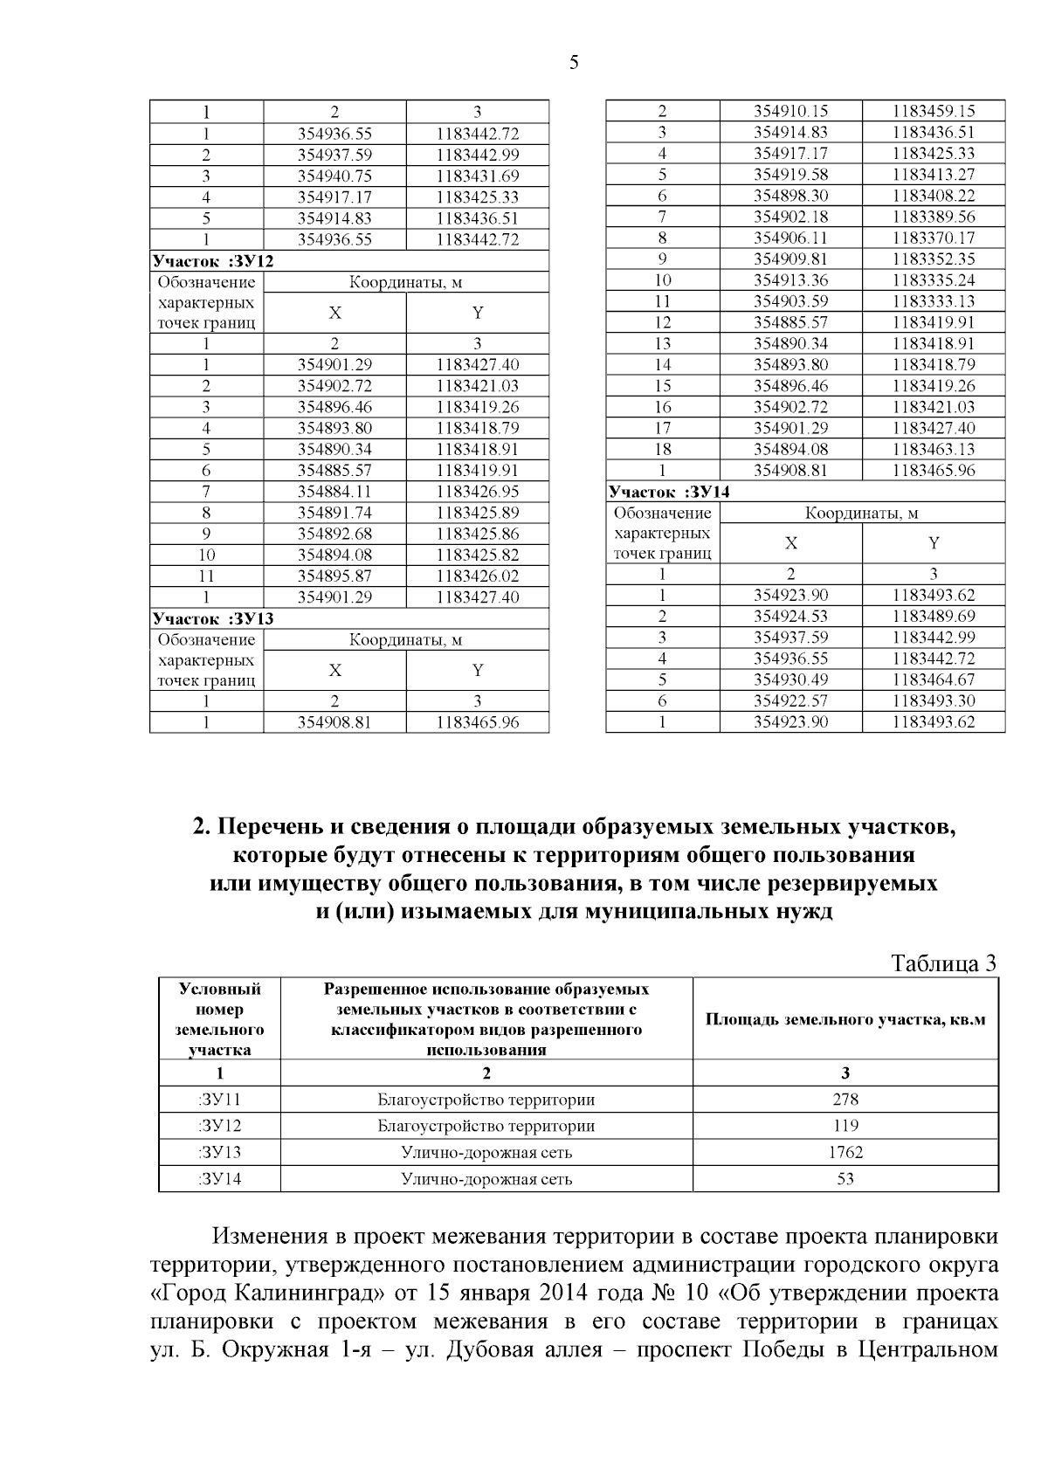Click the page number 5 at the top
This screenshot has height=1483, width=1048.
coord(573,62)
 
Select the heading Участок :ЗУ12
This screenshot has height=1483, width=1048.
coord(212,260)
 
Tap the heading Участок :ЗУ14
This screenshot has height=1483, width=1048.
coord(669,492)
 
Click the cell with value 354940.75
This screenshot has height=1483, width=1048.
coord(334,176)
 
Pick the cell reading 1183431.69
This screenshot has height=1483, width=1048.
coord(478,176)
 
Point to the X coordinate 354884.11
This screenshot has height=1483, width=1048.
coord(334,492)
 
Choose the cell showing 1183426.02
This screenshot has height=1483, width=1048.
coord(478,576)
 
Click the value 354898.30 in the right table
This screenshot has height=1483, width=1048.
coord(790,196)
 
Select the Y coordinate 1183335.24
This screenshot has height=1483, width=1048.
coord(934,280)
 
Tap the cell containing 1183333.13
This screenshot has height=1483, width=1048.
coord(934,301)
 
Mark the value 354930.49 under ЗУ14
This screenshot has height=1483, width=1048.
coord(790,679)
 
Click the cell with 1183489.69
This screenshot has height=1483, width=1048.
coord(934,617)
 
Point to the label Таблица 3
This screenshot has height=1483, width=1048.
coord(943,963)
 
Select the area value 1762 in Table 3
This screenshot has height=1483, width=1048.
coord(845,1152)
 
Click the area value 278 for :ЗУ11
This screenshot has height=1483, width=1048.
coord(845,1100)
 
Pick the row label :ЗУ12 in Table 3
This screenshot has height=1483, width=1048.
coord(219,1126)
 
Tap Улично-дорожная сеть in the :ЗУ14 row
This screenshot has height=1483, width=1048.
coord(486,1179)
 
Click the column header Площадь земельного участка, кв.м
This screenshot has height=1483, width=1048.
coord(845,1020)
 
